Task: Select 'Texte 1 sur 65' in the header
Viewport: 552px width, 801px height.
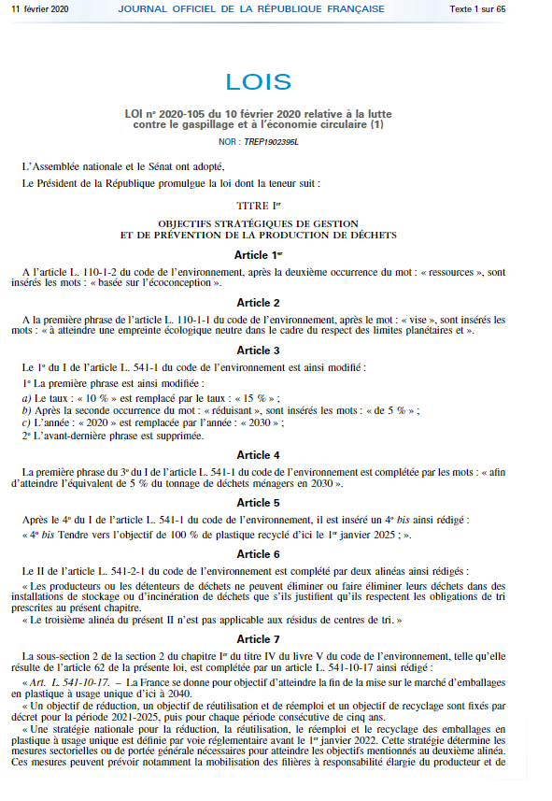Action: tap(503, 8)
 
